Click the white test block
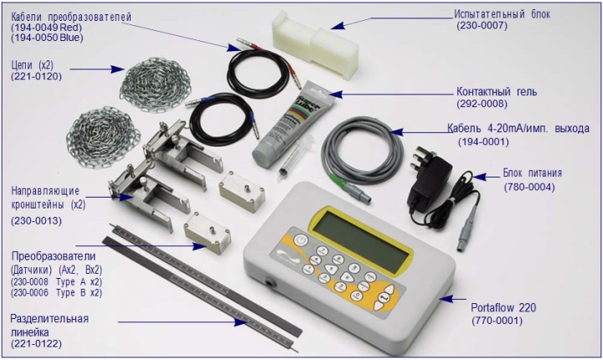coord(316,44)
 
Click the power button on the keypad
coord(301,241)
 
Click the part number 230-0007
coord(482,26)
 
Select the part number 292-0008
coord(482,104)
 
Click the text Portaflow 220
coord(503,308)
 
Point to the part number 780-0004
coord(529,188)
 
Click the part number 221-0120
coord(36,76)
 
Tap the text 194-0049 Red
coord(47,28)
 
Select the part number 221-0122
coord(36,343)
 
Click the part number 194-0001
coord(483,142)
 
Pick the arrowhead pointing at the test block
coord(337,25)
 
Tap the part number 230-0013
coord(36,221)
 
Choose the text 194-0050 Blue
coord(47,38)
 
